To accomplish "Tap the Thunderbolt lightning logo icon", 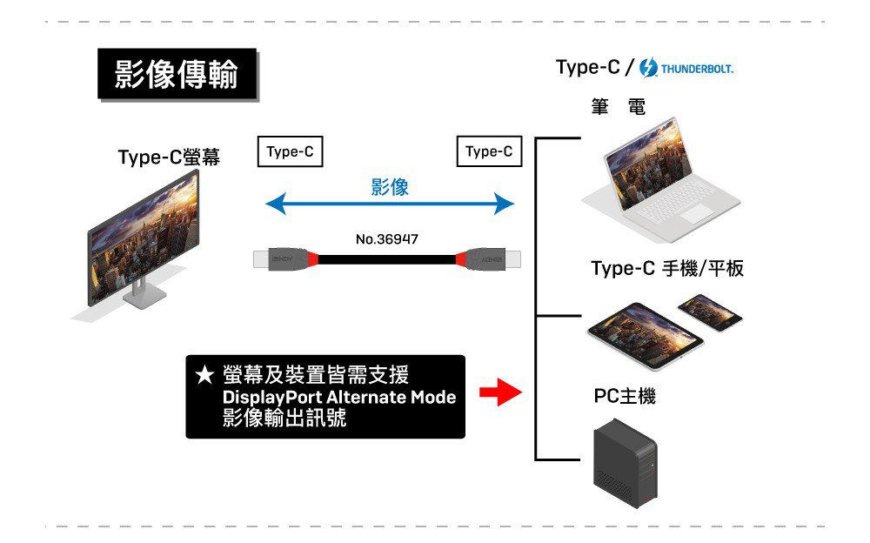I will click(x=648, y=68).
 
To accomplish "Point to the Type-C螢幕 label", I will click(x=169, y=158).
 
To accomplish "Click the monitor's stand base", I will click(x=144, y=298).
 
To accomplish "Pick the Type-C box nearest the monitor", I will click(x=290, y=151).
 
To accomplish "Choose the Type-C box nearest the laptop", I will click(x=488, y=151).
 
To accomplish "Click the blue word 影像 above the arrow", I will click(x=389, y=187).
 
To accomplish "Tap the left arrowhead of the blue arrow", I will click(x=275, y=205).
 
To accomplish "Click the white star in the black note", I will click(x=204, y=376).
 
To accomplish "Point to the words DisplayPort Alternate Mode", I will click(x=339, y=398).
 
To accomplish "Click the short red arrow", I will click(x=499, y=392).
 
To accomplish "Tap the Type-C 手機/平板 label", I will click(x=666, y=269).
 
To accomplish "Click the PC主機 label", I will click(x=625, y=397).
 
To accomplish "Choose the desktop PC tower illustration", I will click(x=624, y=464).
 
